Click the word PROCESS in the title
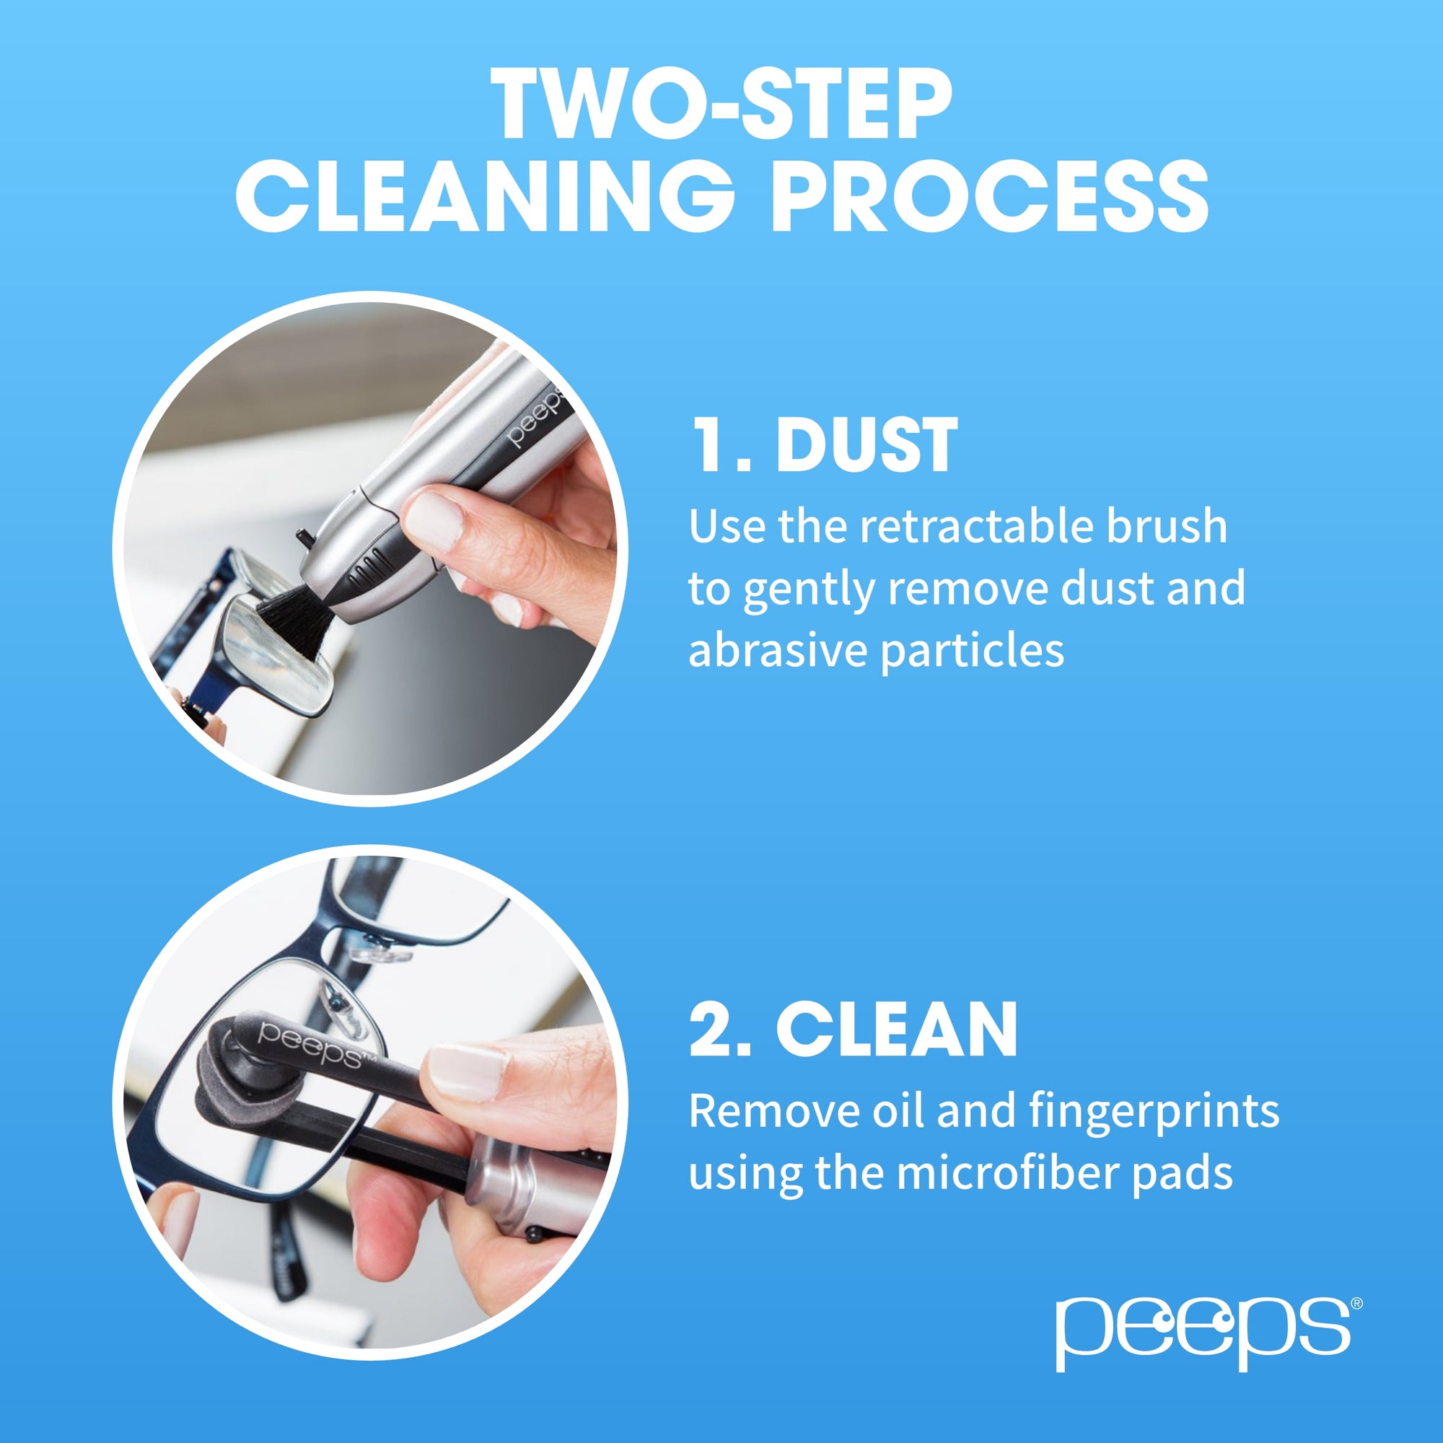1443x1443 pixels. click(x=990, y=196)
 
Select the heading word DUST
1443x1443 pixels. click(x=867, y=446)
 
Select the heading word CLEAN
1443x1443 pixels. click(x=896, y=1030)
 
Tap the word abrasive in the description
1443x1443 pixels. click(x=776, y=651)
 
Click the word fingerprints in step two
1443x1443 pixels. click(x=1153, y=1110)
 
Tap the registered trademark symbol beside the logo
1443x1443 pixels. click(x=1356, y=1303)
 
